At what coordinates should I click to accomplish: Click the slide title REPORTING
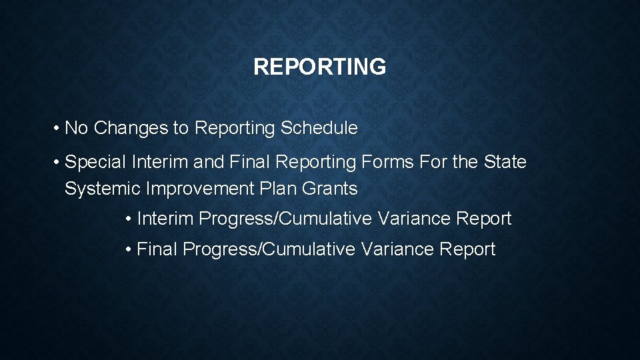[x=319, y=67]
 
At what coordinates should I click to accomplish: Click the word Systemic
[x=103, y=189]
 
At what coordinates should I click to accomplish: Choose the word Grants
[x=330, y=189]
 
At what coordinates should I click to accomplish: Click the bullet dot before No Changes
[x=58, y=128]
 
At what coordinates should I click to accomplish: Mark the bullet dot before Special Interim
[x=58, y=162]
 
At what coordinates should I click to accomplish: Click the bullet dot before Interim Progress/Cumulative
[x=129, y=219]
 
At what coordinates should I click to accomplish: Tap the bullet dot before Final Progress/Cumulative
[x=129, y=249]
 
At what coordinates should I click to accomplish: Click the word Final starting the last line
[x=157, y=249]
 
